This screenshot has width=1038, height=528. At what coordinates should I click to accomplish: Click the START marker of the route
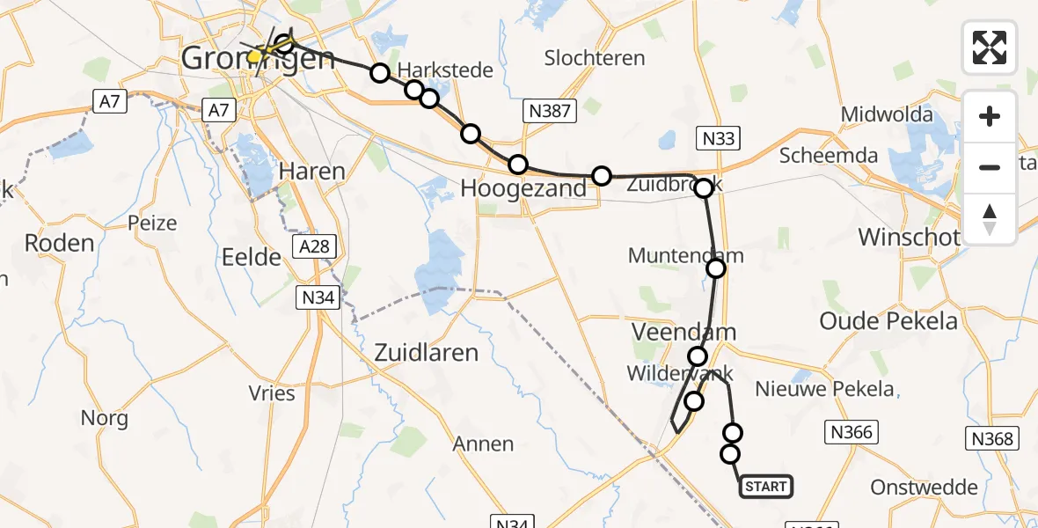pyautogui.click(x=765, y=486)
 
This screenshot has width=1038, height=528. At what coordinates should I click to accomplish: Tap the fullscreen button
pyautogui.click(x=990, y=47)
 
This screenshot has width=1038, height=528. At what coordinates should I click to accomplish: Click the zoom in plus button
pyautogui.click(x=990, y=116)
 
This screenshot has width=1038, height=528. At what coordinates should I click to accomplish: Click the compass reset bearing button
pyautogui.click(x=990, y=219)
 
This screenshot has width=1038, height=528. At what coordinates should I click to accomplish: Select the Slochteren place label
pyautogui.click(x=595, y=58)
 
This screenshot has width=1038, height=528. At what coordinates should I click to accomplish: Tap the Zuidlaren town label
pyautogui.click(x=426, y=353)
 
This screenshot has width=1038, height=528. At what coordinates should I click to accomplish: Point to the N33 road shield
pyautogui.click(x=718, y=138)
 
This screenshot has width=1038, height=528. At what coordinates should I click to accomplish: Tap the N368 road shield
pyautogui.click(x=992, y=438)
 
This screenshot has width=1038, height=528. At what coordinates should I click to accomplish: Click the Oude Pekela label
pyautogui.click(x=888, y=321)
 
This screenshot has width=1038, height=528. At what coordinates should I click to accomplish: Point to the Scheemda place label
pyautogui.click(x=828, y=156)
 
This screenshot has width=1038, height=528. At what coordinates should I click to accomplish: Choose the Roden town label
pyautogui.click(x=60, y=243)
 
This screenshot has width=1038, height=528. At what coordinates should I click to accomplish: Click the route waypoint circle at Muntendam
pyautogui.click(x=716, y=268)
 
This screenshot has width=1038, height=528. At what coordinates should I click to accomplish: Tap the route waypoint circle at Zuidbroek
pyautogui.click(x=704, y=187)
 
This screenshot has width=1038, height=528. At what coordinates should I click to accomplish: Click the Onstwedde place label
pyautogui.click(x=924, y=487)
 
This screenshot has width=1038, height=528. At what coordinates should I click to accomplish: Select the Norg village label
pyautogui.click(x=104, y=418)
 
